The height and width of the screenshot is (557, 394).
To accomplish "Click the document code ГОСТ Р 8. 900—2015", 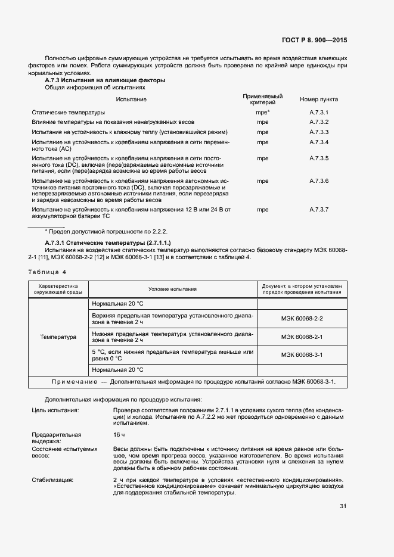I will click(315, 40).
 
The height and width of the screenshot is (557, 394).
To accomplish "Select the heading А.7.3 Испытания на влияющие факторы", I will click(105, 80).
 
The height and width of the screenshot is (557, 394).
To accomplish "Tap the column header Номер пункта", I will click(319, 99).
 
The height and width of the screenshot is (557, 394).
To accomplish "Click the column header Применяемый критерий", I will click(262, 99).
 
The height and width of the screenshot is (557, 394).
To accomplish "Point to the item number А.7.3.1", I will click(319, 112).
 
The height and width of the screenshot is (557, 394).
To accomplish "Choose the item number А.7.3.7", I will click(319, 210).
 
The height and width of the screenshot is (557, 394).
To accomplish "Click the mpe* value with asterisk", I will click(263, 112).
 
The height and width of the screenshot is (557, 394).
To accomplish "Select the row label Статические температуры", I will click(68, 112).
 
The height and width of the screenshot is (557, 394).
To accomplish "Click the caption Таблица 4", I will click(48, 272).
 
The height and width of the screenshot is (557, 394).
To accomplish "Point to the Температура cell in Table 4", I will click(58, 337).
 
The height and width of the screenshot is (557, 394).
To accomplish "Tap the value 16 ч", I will click(119, 435).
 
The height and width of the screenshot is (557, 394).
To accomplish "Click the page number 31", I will click(343, 506).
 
